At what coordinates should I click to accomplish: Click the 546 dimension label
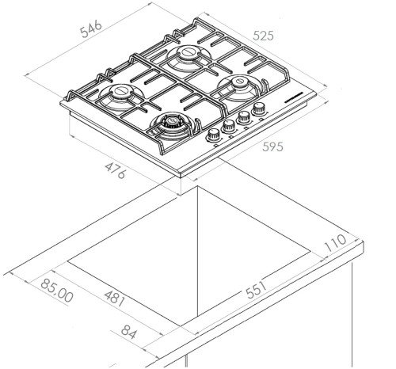pos(91,29)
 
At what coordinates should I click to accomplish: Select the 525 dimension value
pos(263,36)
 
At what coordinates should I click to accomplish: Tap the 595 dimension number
pos(272,146)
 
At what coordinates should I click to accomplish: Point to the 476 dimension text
pos(115,171)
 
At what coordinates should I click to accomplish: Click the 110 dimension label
pos(335,243)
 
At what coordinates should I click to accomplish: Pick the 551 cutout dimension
pos(256,290)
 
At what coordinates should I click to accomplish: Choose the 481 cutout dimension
pos(114,299)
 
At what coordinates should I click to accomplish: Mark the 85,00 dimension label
pos(57,291)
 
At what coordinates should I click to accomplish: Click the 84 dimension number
pos(129,332)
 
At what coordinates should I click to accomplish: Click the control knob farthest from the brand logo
pos(213,135)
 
